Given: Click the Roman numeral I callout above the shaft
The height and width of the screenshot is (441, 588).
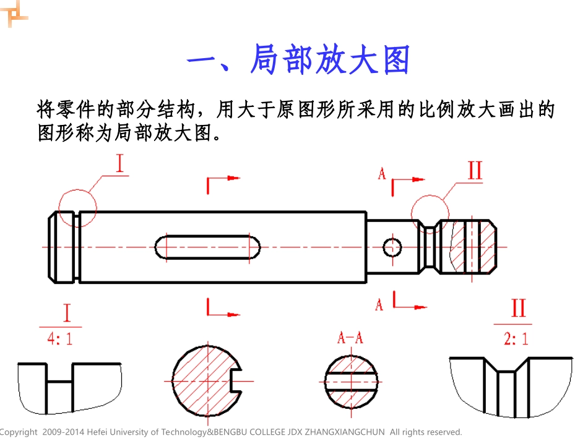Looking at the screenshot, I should pyautogui.click(x=119, y=163).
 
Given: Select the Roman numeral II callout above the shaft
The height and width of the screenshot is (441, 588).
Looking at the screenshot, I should pyautogui.click(x=474, y=170).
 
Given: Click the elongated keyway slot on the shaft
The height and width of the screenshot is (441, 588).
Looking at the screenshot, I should pyautogui.click(x=207, y=247).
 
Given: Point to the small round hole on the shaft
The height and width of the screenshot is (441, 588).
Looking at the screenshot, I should pyautogui.click(x=392, y=247).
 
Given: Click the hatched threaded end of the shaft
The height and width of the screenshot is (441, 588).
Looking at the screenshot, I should pyautogui.click(x=473, y=246).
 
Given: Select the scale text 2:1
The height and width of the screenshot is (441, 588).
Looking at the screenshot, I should pyautogui.click(x=517, y=338).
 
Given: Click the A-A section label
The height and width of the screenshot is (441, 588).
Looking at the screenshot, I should pyautogui.click(x=350, y=338).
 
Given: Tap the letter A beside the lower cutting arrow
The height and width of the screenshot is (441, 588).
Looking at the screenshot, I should pyautogui.click(x=379, y=304).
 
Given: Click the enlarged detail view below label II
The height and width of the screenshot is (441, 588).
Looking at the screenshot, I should pyautogui.click(x=511, y=387).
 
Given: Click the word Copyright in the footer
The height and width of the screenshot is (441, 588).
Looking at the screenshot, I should pyautogui.click(x=19, y=432).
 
